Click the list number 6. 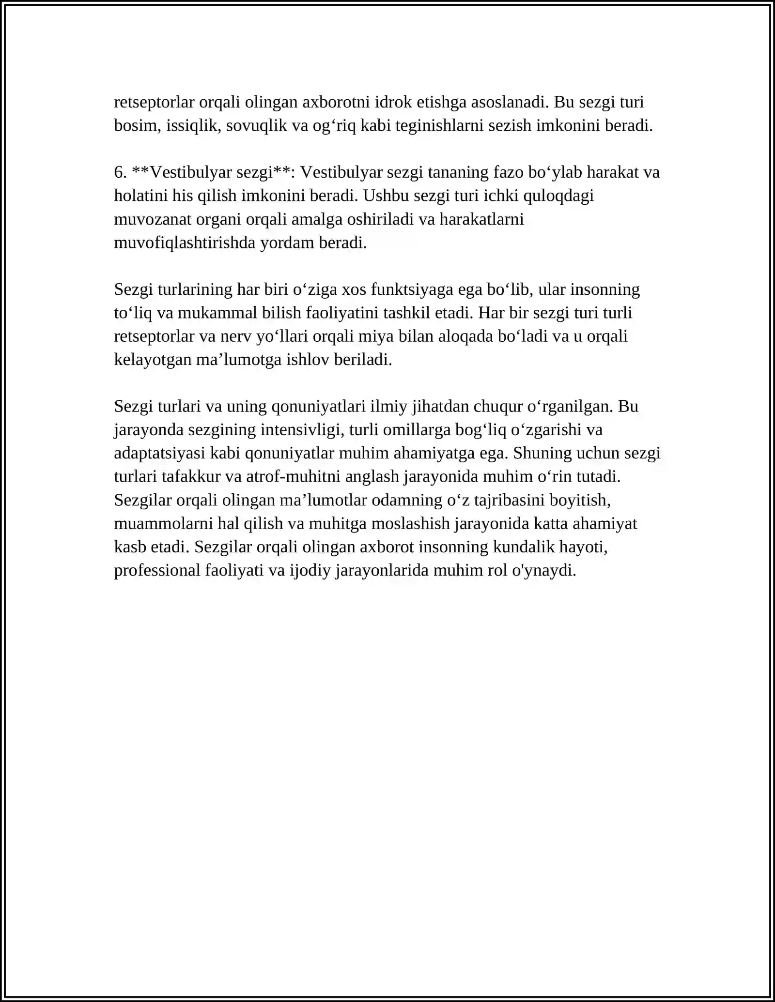tap(120, 172)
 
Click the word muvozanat tap(153, 219)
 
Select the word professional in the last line tap(157, 571)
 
